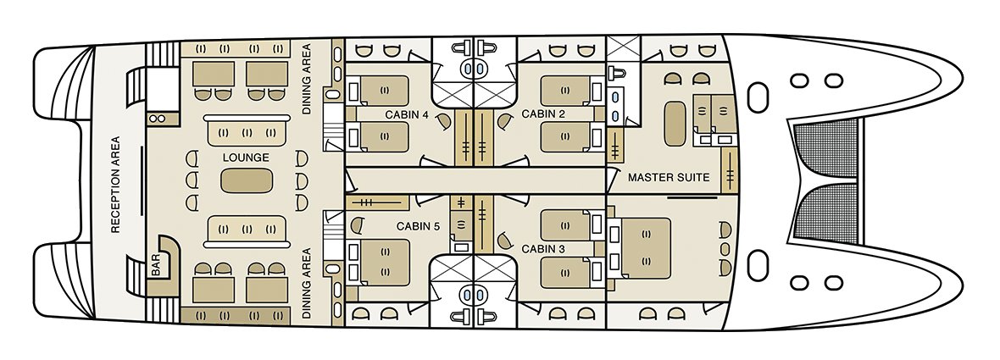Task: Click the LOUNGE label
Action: click(x=247, y=158)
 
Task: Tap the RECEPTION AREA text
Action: click(x=115, y=184)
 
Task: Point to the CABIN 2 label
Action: click(x=543, y=114)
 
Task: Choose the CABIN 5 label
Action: click(x=418, y=226)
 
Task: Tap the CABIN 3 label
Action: click(x=543, y=249)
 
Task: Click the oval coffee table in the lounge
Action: click(x=247, y=180)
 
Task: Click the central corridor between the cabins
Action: click(x=475, y=180)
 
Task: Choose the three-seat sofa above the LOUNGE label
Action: click(x=247, y=132)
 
